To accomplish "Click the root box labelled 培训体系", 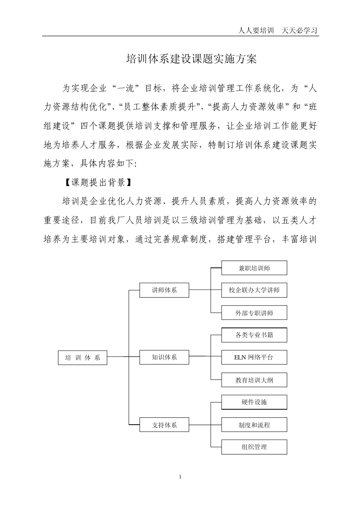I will click(x=83, y=358).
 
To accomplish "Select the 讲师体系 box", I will click(x=164, y=290).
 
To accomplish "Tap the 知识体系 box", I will click(x=164, y=357).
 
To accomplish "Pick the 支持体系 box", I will click(x=164, y=425).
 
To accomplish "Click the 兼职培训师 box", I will click(x=254, y=268).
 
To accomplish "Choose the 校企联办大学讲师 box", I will click(x=254, y=290).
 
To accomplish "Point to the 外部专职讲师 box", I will click(x=254, y=313).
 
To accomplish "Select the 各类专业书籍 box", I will click(x=254, y=335).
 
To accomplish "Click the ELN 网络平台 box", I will click(x=254, y=357).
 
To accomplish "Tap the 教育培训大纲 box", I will click(x=254, y=380).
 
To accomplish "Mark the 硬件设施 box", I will click(x=254, y=402).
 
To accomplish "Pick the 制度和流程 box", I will click(x=254, y=425).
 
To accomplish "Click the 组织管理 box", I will click(x=254, y=447).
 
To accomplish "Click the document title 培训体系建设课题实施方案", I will click(x=191, y=59).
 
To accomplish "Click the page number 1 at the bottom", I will click(x=180, y=476).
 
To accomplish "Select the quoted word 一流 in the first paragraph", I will click(x=126, y=89).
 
